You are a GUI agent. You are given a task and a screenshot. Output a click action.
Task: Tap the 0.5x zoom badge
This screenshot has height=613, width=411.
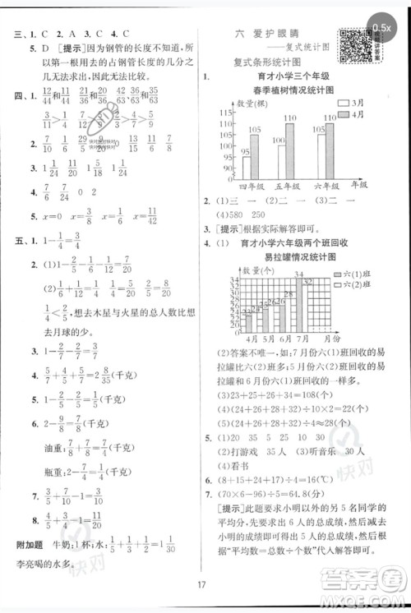[381, 28]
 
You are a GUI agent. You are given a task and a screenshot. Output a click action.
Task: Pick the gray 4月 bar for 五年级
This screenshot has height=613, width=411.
[290, 154]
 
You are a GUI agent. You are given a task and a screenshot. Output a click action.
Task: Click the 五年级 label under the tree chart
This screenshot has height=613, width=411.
[284, 187]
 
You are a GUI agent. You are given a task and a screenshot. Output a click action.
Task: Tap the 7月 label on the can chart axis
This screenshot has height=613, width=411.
[301, 338]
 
